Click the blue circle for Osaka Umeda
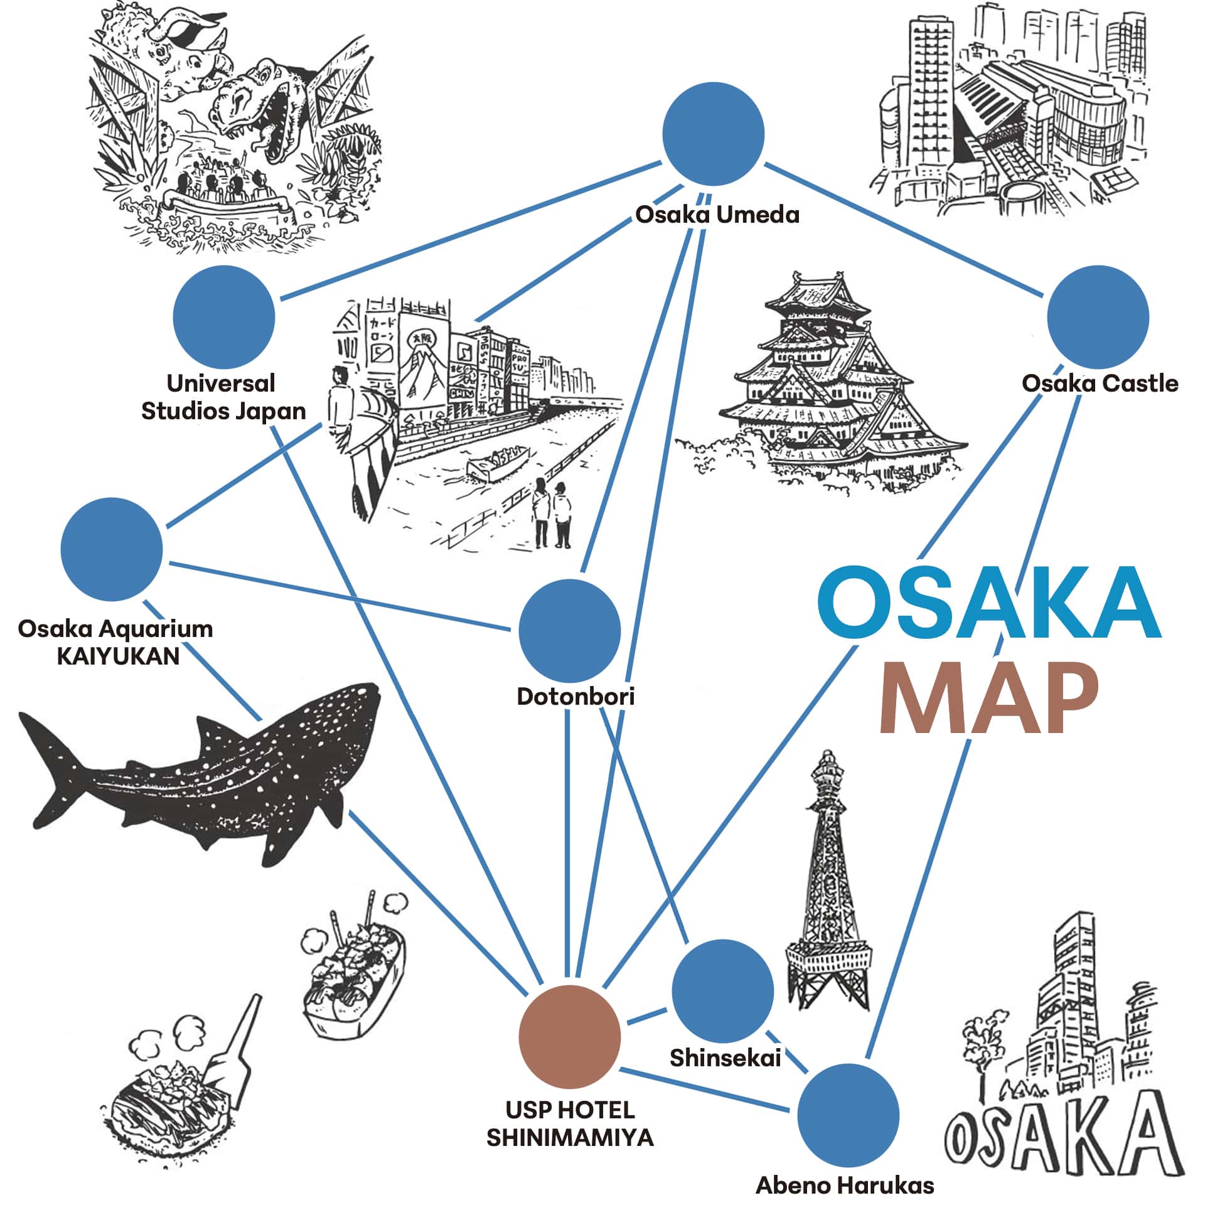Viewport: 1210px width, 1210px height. click(714, 134)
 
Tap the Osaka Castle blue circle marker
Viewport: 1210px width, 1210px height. click(1098, 317)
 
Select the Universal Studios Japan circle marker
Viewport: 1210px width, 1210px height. click(224, 317)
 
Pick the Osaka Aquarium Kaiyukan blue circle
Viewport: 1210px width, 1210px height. click(112, 549)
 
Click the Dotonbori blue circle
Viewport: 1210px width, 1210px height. click(570, 630)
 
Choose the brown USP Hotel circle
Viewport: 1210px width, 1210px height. click(570, 1037)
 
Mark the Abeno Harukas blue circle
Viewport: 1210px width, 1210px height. click(849, 1115)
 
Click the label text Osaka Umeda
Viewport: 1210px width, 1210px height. click(717, 215)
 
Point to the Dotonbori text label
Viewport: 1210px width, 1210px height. click(576, 697)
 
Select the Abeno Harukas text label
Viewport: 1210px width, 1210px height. click(845, 1186)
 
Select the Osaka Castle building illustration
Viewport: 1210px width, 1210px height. click(822, 383)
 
